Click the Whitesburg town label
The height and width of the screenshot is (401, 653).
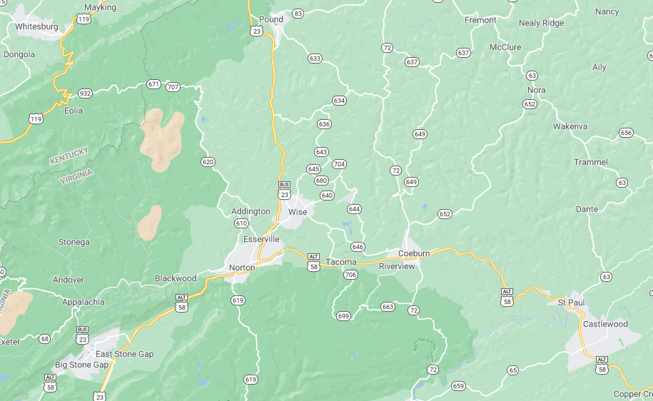[x=36, y=26]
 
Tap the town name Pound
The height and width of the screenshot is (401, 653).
[x=271, y=19]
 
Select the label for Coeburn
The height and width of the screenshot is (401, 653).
[x=414, y=253]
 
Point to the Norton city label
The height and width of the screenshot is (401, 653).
[x=241, y=268]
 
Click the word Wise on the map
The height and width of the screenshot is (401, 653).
[x=298, y=212]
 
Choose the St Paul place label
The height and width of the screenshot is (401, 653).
[x=571, y=303]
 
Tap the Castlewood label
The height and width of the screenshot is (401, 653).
[x=605, y=324]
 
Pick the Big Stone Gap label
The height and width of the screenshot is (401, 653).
[x=81, y=365]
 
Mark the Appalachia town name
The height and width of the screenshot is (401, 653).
[x=83, y=302]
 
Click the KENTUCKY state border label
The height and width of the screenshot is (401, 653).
[x=69, y=156]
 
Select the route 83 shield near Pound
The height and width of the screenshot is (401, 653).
[x=298, y=14]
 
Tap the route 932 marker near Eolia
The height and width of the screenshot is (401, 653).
[x=86, y=93]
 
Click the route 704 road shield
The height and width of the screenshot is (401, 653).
[x=339, y=164]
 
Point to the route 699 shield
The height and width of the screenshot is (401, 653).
[x=343, y=315]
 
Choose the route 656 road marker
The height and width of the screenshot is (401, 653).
[x=626, y=133]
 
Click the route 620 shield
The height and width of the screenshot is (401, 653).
[x=208, y=162]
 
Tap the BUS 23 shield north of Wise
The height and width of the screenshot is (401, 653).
[x=284, y=189]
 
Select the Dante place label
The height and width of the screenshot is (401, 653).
[x=587, y=209]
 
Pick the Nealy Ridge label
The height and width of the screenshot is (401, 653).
[x=541, y=23]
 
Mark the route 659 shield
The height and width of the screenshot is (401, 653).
[x=458, y=386]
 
